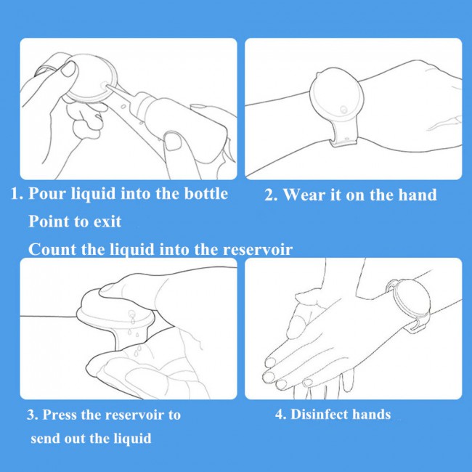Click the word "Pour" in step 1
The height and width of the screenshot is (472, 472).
click(x=47, y=193)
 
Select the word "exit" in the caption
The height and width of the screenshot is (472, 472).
click(x=107, y=221)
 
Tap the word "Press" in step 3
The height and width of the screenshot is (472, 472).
click(x=60, y=415)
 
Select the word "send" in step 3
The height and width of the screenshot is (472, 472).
click(x=45, y=438)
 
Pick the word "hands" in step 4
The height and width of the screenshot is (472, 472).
click(x=372, y=414)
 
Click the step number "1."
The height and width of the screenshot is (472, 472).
click(x=17, y=194)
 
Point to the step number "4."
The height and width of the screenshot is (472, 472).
click(x=280, y=415)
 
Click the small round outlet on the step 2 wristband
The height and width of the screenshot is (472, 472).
click(x=343, y=109)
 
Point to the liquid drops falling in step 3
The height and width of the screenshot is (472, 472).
click(x=134, y=334)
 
